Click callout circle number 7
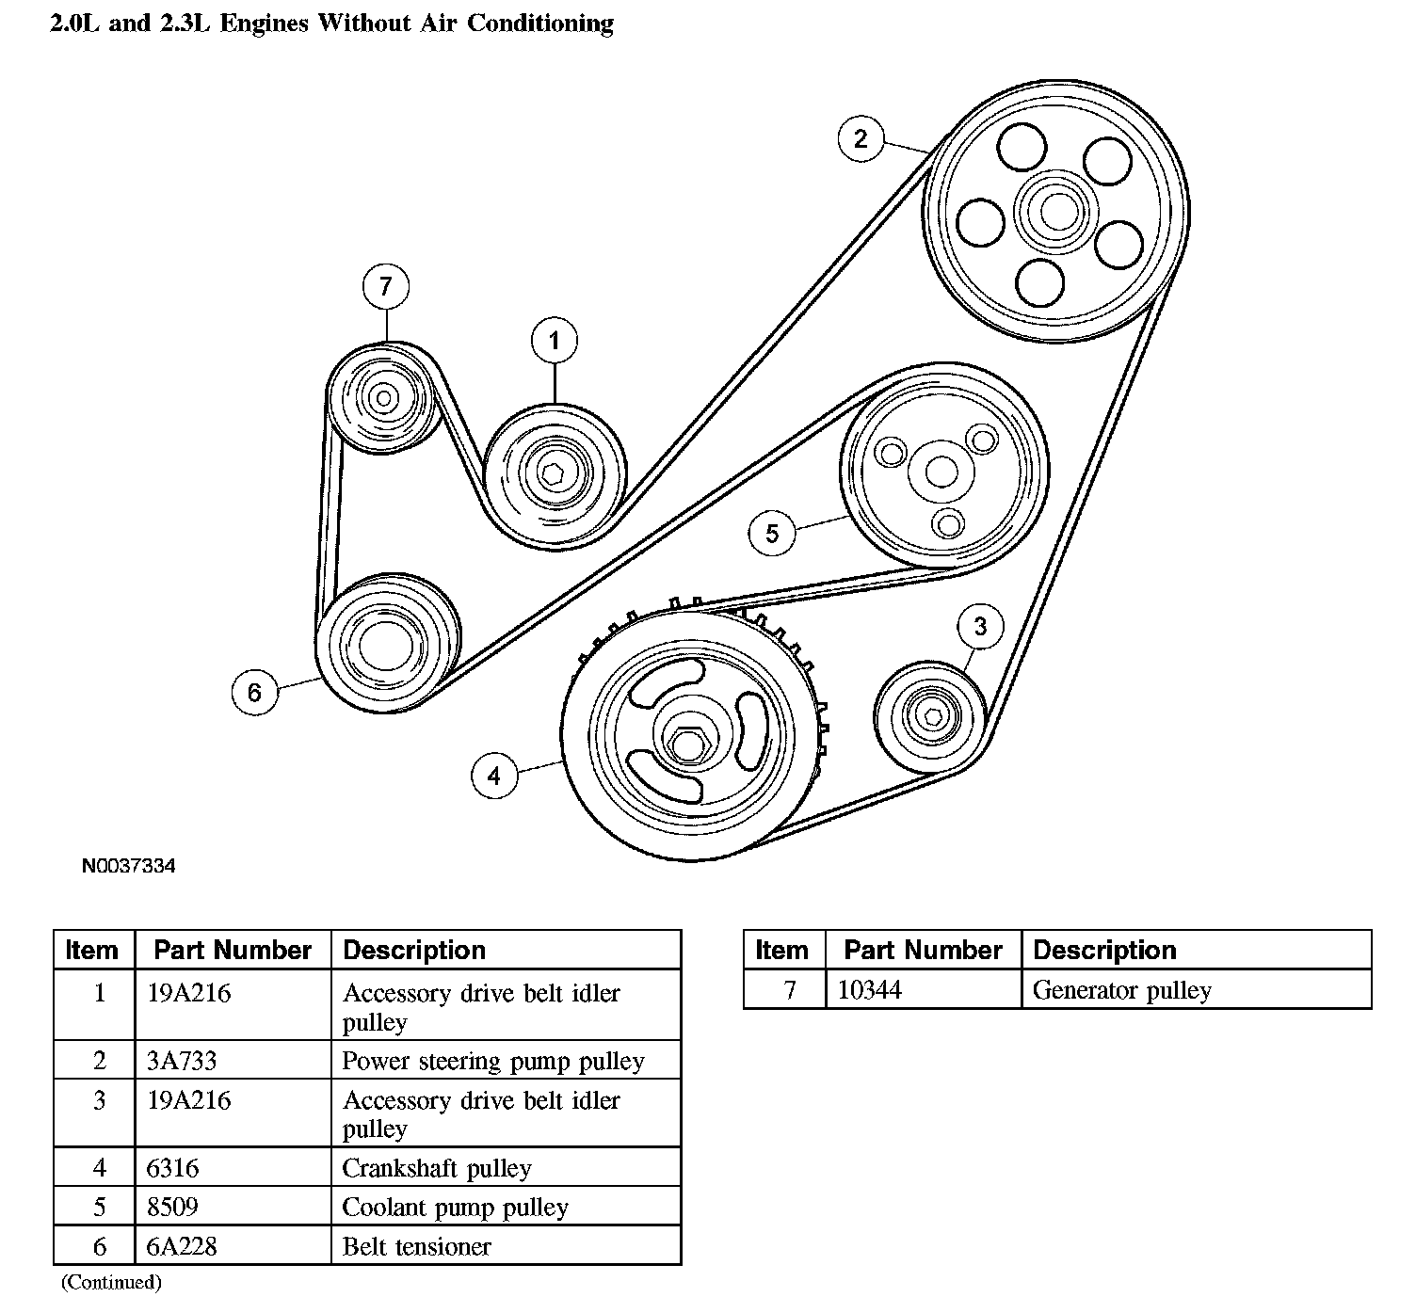click(x=385, y=286)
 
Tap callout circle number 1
click(x=555, y=341)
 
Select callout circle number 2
click(x=861, y=139)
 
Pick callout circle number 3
click(x=980, y=626)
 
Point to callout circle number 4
click(x=494, y=776)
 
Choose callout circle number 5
click(x=772, y=534)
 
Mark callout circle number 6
click(x=254, y=693)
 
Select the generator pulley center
click(x=383, y=398)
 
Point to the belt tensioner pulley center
click(x=386, y=647)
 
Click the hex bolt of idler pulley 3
click(x=932, y=717)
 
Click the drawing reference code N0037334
click(x=128, y=866)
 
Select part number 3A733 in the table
click(x=182, y=1061)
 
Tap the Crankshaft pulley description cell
click(x=437, y=1168)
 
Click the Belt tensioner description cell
click(x=416, y=1246)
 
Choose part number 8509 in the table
click(x=172, y=1207)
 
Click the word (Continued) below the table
click(x=111, y=1282)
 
